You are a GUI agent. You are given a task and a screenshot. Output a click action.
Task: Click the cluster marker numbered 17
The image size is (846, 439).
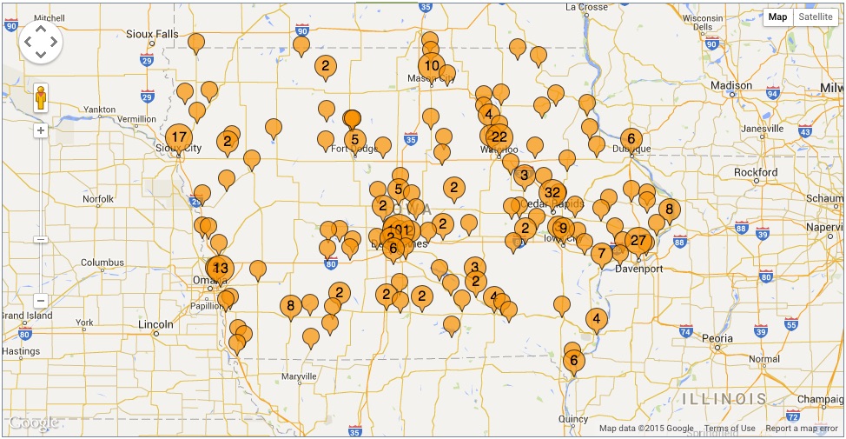click(x=179, y=137)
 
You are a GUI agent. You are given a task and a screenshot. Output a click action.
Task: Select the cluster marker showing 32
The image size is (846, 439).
click(x=552, y=192)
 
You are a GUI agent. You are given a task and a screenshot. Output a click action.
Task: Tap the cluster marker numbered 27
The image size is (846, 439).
click(x=638, y=241)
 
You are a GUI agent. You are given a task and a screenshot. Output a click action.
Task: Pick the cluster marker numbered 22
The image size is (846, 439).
click(x=499, y=136)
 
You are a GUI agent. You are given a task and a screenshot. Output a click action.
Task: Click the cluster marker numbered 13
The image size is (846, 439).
click(x=221, y=269)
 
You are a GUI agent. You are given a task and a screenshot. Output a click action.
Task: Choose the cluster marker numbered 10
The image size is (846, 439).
click(x=431, y=65)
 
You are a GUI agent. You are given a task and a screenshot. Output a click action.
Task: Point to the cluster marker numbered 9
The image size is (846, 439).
click(x=563, y=229)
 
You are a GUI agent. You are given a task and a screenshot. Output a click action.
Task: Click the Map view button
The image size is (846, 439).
click(x=777, y=17)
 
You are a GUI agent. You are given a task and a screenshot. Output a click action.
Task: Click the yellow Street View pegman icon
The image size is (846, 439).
click(x=40, y=99)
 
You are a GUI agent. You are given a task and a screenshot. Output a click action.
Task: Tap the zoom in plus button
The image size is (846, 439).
click(x=40, y=130)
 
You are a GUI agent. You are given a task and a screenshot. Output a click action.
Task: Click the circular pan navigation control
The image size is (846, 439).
click(x=40, y=41)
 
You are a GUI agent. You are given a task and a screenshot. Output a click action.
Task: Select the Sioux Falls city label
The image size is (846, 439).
click(x=152, y=34)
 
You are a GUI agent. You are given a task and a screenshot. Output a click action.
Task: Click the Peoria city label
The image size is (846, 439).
click(x=717, y=338)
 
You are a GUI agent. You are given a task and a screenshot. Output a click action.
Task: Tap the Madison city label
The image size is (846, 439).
click(x=731, y=85)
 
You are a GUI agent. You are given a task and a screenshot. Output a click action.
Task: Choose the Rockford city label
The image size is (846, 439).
click(x=756, y=172)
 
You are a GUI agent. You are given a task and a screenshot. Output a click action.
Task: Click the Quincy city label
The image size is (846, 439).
click(x=574, y=418)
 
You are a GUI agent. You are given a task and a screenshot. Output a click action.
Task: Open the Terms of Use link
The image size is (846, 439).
click(x=730, y=429)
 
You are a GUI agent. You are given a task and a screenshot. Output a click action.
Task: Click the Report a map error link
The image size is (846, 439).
click(x=802, y=429)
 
